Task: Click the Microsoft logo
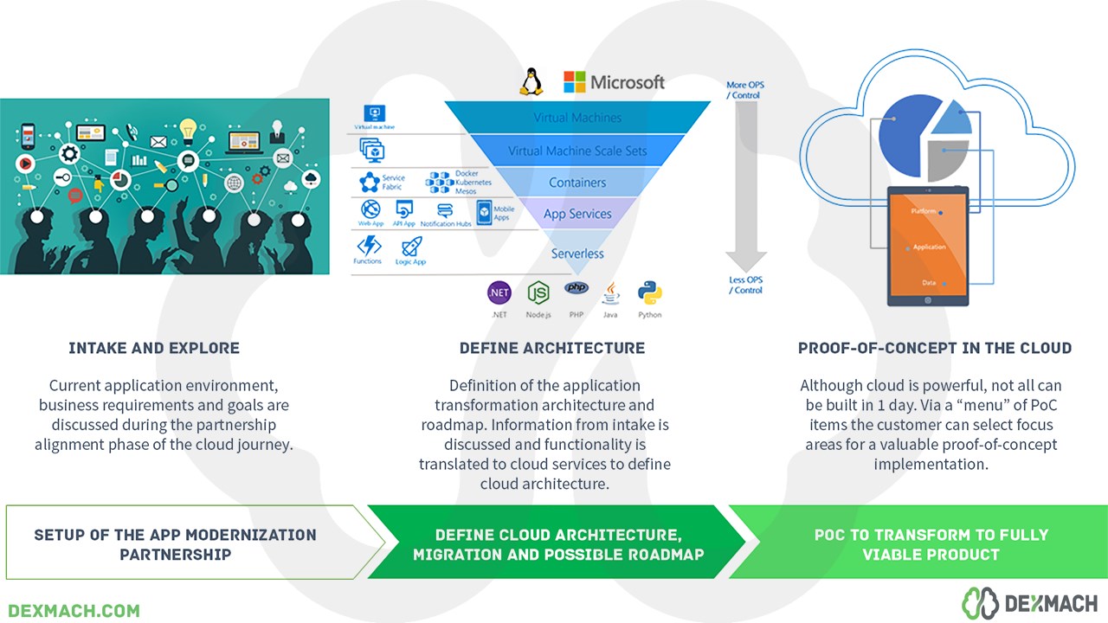(614, 82)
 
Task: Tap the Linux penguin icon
(531, 81)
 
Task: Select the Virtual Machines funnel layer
(577, 118)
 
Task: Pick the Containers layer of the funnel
(577, 183)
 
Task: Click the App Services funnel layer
(577, 214)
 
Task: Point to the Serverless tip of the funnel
(577, 253)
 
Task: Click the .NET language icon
(499, 292)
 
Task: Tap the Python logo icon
(649, 292)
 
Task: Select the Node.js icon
(538, 292)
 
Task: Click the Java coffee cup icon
(611, 292)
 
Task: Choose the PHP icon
(576, 288)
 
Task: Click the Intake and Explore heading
(154, 348)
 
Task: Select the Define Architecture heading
(552, 348)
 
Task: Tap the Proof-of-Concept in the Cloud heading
(935, 348)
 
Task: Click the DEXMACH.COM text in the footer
(74, 610)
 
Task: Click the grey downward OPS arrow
(745, 186)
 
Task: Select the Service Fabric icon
(370, 182)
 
